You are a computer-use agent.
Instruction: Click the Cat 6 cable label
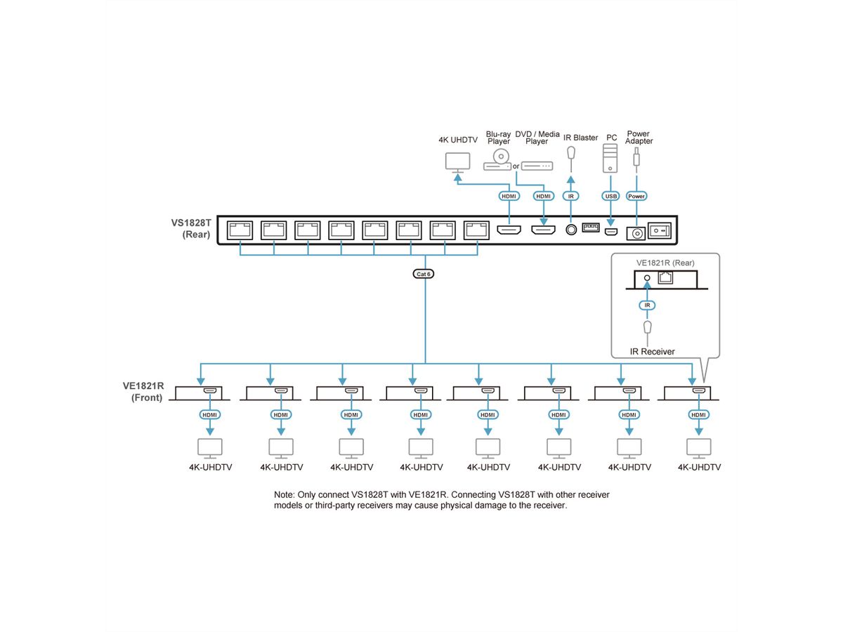(x=424, y=274)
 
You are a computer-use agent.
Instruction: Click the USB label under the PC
(x=610, y=197)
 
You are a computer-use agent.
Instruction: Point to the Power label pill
(x=636, y=197)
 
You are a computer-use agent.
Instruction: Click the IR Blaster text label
(x=580, y=138)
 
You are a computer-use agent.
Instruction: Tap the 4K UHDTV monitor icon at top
(x=458, y=162)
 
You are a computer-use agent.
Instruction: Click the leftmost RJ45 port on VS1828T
(x=240, y=230)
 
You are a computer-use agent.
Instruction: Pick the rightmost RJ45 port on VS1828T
(x=476, y=230)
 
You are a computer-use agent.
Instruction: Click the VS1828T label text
(x=191, y=223)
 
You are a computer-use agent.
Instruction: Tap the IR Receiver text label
(x=652, y=351)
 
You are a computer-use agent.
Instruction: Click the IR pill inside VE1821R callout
(x=647, y=305)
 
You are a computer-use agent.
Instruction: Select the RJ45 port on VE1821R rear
(x=665, y=278)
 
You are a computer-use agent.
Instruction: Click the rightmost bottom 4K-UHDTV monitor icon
(x=699, y=447)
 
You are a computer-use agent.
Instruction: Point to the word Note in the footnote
(x=285, y=495)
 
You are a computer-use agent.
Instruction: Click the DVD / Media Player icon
(x=537, y=166)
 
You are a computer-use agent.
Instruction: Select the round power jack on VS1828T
(x=638, y=232)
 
